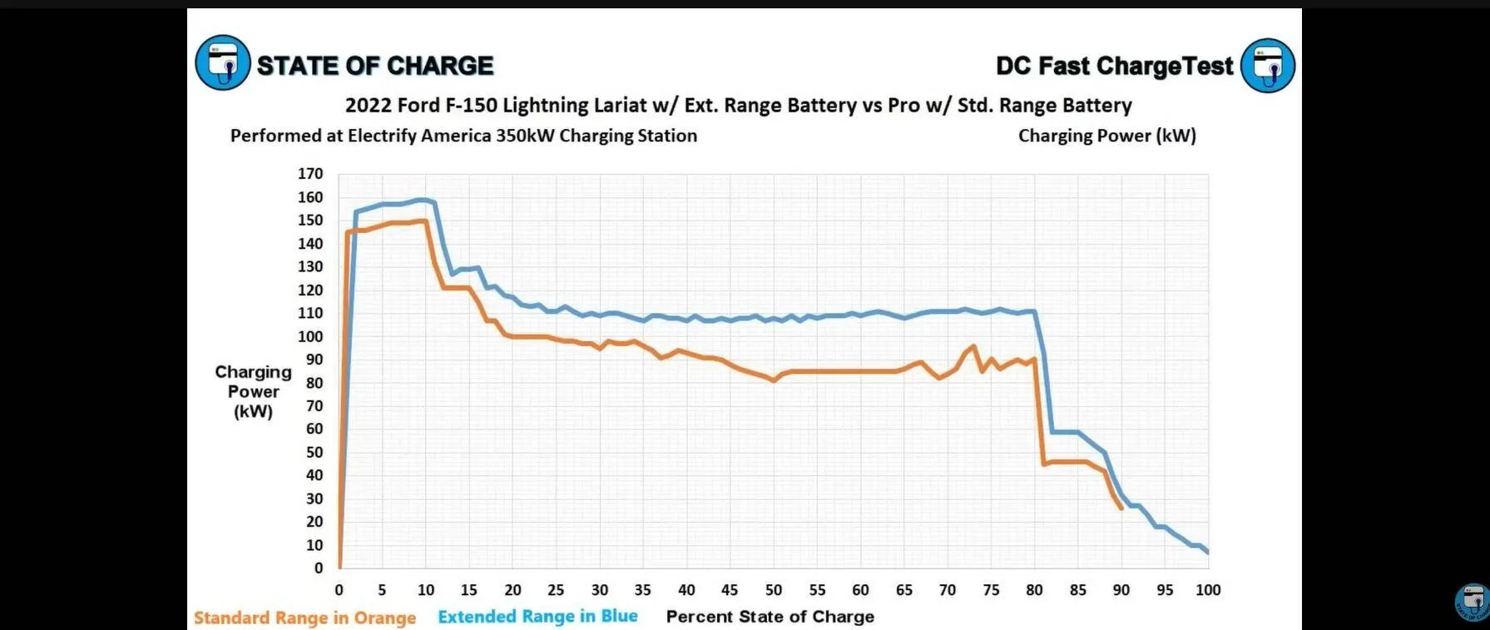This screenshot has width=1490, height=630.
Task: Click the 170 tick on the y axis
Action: coord(310,174)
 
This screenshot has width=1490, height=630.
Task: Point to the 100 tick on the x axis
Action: coord(1208,590)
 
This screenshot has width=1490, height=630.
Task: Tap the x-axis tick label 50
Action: coord(774,590)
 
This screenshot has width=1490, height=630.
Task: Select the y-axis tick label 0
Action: coord(318,568)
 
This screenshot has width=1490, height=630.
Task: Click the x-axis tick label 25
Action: coord(556,590)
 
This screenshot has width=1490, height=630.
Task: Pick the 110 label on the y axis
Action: coord(310,313)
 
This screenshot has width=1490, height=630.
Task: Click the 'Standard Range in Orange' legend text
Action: coord(304,618)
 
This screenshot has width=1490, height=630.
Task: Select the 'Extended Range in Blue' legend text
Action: coord(537,617)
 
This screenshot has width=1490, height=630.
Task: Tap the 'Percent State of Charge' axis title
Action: coord(770,617)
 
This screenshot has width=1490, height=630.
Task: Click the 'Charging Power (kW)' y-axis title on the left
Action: coord(253,391)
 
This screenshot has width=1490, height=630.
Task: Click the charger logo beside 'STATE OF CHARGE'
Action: coord(222,63)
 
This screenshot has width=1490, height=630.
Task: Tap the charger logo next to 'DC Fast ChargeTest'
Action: coord(1268,65)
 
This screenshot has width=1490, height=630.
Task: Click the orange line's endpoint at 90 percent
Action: coord(1121,508)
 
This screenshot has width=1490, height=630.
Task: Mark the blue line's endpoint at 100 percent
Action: coord(1208,553)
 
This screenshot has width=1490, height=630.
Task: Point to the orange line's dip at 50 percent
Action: coord(774,380)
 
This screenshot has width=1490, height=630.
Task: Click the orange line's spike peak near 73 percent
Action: coord(973,346)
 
